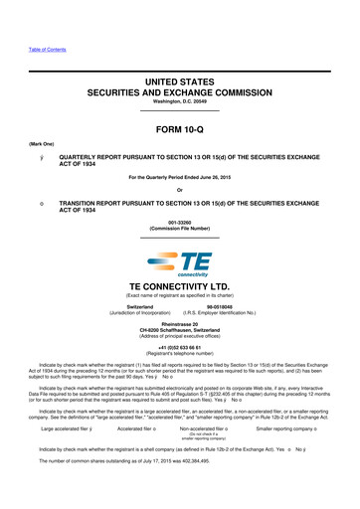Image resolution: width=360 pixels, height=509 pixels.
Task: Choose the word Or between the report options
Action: pos(180,193)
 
